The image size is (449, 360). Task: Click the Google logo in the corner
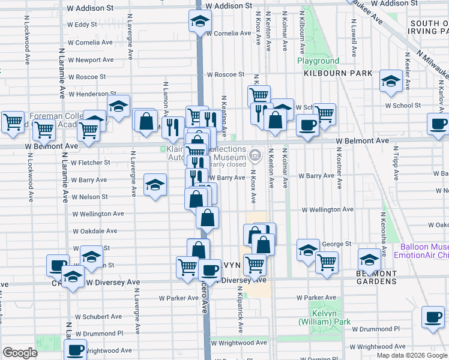[20, 353]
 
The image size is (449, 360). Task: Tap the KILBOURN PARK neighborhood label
[338, 73]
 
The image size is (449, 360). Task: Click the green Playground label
[318, 61]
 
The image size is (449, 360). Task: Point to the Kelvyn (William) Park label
[325, 317]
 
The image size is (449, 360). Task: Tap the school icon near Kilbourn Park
[391, 82]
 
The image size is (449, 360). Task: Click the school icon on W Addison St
[198, 22]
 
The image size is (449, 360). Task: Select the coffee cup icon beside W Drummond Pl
[432, 317]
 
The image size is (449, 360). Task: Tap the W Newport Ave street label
[91, 60]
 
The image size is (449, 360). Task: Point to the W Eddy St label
[82, 25]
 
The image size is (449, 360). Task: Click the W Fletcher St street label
[90, 162]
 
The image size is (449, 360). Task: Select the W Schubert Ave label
[98, 317]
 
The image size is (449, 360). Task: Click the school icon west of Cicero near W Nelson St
[155, 185]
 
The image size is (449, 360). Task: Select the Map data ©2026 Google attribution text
[412, 355]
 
